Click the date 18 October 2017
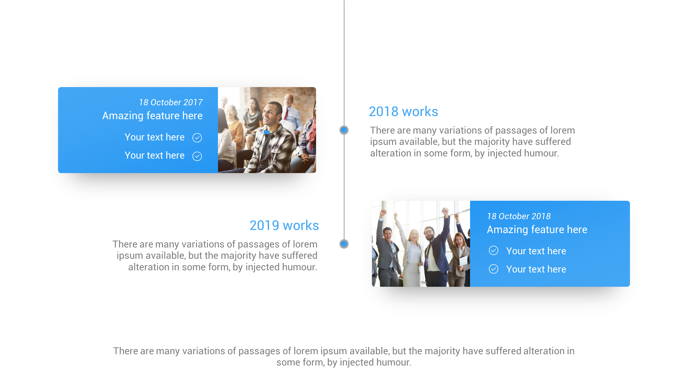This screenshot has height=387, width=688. point(171,102)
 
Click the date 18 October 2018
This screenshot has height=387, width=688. point(519,216)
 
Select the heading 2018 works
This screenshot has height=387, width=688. point(403,112)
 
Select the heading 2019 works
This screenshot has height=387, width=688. point(284,225)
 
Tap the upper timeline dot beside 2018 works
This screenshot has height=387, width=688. point(344,130)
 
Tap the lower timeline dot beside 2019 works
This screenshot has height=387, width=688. point(344,244)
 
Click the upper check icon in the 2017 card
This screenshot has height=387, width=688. point(197,138)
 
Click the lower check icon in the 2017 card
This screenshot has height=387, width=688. point(197,156)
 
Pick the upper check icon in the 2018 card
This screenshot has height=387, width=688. point(493,250)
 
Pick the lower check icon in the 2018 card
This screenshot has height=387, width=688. point(493,269)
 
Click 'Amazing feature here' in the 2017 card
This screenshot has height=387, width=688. point(152,116)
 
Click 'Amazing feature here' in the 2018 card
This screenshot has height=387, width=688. point(537,230)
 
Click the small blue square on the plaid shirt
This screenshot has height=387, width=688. point(267,132)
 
